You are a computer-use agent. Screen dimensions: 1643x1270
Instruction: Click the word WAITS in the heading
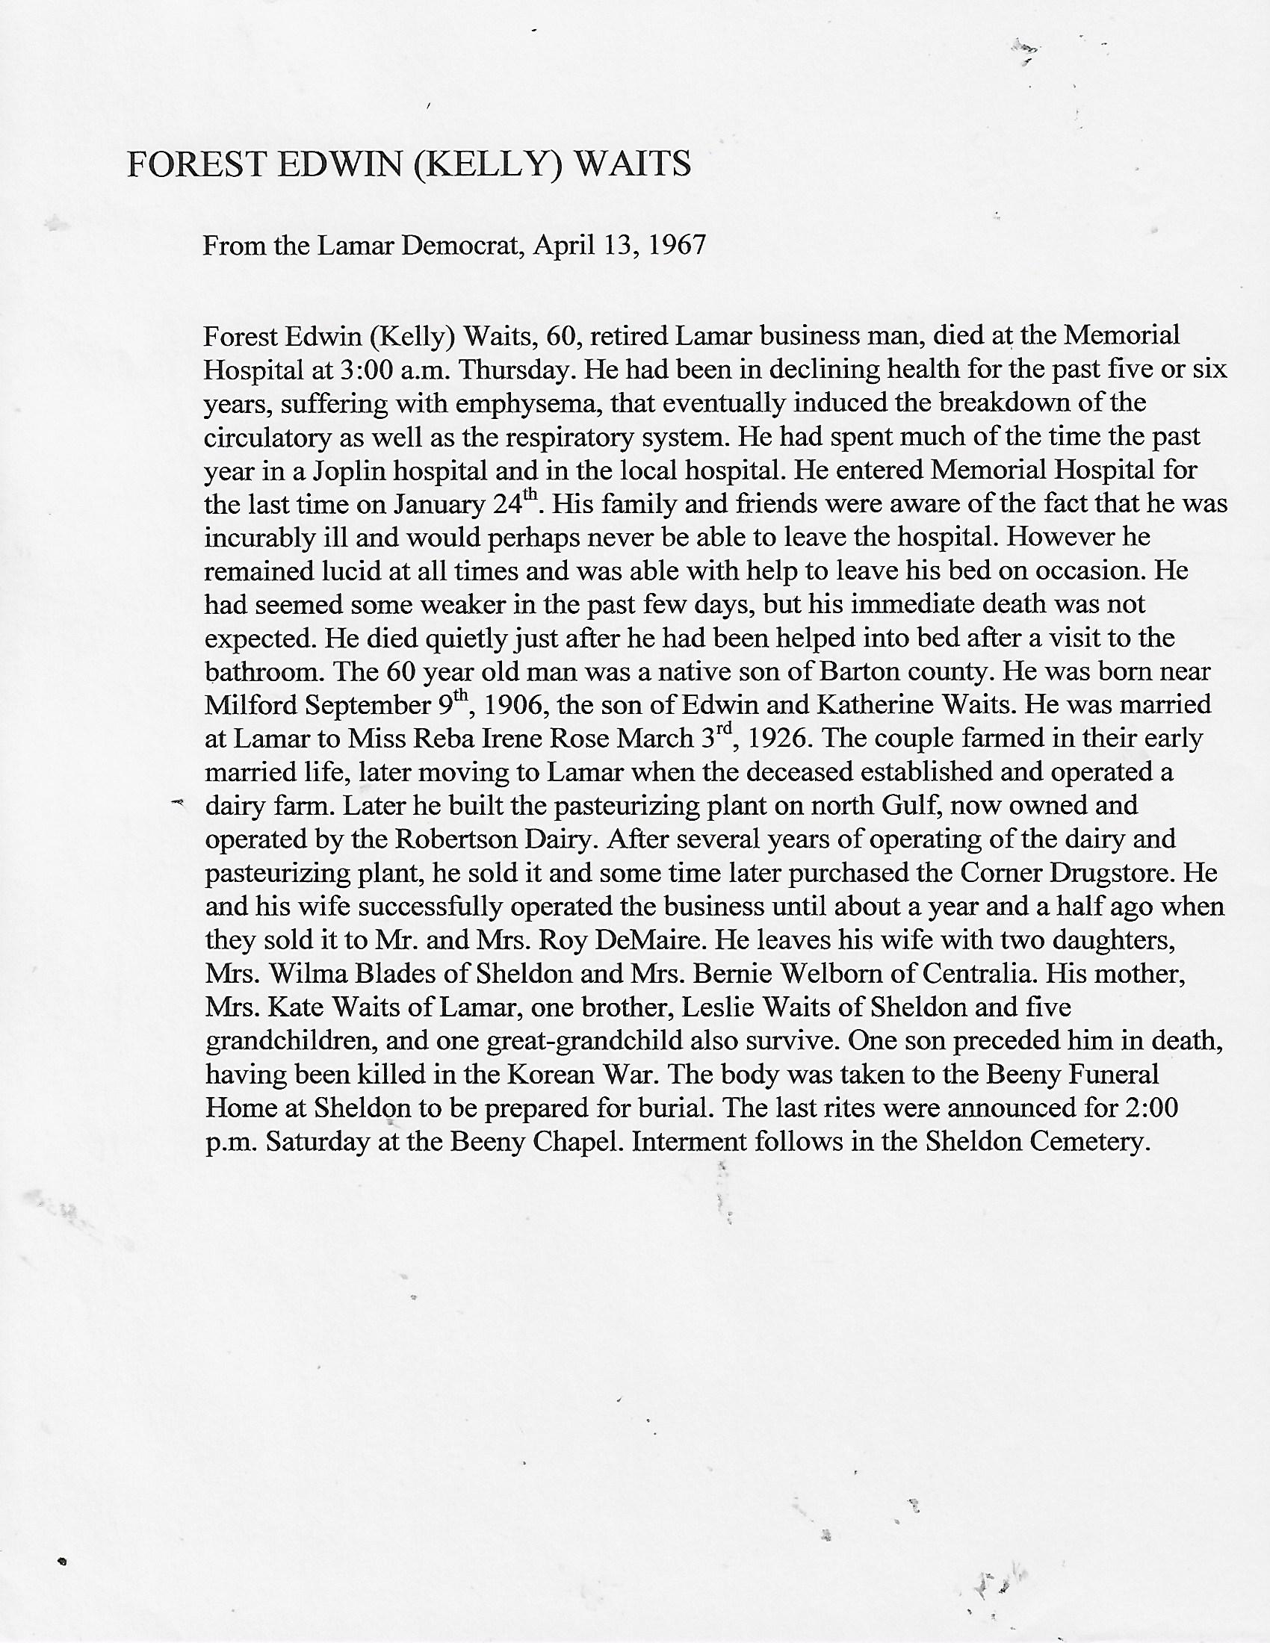point(633,164)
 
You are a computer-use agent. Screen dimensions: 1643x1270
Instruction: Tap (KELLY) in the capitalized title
point(489,164)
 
